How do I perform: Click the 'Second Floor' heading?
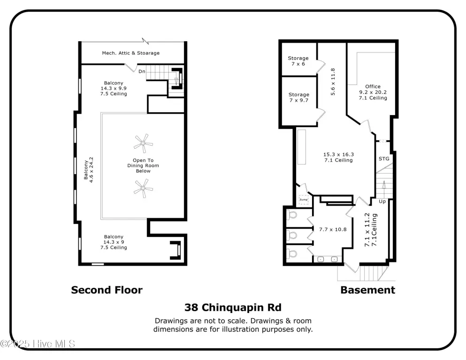point(107,290)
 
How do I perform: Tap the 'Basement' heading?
point(367,290)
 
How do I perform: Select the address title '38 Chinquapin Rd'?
point(233,307)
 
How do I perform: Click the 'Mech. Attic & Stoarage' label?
point(131,53)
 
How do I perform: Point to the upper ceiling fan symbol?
point(143,143)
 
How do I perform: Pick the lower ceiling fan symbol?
point(143,188)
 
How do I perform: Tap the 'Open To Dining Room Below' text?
point(143,166)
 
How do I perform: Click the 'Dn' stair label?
point(142,71)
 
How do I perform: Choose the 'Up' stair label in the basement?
point(382,201)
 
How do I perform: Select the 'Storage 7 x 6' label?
point(298,61)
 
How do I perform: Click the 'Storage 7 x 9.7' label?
point(299,97)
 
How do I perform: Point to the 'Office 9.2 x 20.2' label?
point(373,89)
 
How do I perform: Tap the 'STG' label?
point(384,159)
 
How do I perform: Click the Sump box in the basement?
point(304,200)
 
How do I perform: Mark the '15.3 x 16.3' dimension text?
point(338,154)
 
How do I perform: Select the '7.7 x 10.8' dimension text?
point(333,230)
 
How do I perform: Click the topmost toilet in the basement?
point(292,214)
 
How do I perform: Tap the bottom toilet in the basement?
point(292,254)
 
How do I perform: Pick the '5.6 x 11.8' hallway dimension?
point(333,82)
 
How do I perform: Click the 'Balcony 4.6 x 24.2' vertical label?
point(89,170)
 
